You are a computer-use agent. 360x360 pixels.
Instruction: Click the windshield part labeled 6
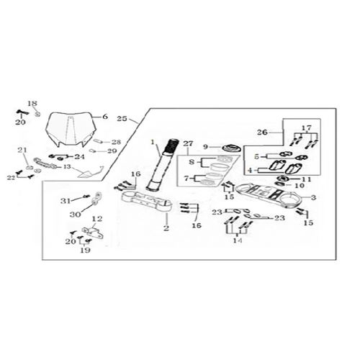pyautogui.click(x=71, y=129)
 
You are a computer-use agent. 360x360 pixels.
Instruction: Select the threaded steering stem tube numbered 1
pyautogui.click(x=163, y=165)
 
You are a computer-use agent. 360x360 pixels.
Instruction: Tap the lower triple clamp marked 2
pyautogui.click(x=146, y=202)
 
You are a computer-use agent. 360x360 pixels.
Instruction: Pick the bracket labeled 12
pyautogui.click(x=93, y=233)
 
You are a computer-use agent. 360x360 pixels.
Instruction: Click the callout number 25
pyautogui.click(x=122, y=119)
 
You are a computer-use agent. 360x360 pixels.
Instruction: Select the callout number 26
pyautogui.click(x=262, y=132)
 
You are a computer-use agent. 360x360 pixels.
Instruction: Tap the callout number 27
pyautogui.click(x=188, y=143)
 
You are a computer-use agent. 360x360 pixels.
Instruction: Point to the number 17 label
pyautogui.click(x=307, y=128)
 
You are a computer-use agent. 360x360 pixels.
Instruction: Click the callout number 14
pyautogui.click(x=238, y=240)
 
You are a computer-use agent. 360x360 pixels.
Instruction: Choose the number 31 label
pyautogui.click(x=66, y=201)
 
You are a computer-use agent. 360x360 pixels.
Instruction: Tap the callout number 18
pyautogui.click(x=32, y=104)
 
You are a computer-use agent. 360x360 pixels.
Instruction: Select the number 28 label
pyautogui.click(x=116, y=142)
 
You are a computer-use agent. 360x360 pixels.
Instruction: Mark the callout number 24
pyautogui.click(x=80, y=157)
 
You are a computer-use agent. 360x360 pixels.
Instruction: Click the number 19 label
pyautogui.click(x=86, y=250)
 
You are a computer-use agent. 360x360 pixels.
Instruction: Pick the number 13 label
pyautogui.click(x=68, y=166)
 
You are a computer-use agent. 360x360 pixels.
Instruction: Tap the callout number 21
pyautogui.click(x=22, y=150)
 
